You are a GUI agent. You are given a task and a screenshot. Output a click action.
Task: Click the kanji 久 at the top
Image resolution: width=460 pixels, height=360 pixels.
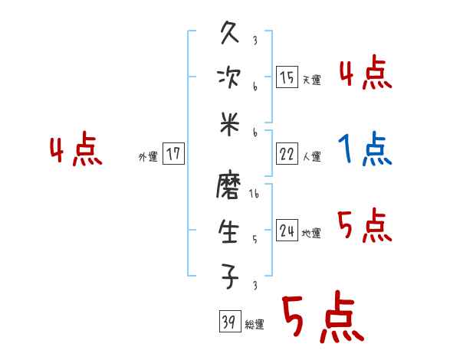[230, 34]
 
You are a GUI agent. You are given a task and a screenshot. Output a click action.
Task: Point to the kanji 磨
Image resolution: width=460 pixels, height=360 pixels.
[230, 187]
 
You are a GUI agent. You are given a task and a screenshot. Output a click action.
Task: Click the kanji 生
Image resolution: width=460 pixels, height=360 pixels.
[230, 230]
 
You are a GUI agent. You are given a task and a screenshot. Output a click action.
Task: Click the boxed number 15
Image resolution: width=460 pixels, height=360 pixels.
[287, 77]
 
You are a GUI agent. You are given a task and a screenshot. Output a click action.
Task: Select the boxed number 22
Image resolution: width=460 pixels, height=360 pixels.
[287, 154]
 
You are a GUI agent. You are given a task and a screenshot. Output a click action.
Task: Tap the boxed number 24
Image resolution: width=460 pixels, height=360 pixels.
[287, 231]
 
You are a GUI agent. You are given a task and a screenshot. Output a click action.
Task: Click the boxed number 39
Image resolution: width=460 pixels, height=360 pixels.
[228, 322]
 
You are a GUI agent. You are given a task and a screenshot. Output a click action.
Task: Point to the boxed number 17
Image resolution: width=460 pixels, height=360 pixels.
[173, 154]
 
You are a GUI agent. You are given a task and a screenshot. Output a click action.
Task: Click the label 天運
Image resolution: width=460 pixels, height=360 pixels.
[311, 80]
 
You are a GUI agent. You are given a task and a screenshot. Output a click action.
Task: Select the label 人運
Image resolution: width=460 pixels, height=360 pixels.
[311, 156]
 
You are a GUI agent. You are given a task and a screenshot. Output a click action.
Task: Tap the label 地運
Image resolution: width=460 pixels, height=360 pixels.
[311, 233]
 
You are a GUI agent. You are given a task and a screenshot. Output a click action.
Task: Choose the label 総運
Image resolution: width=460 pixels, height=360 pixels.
[254, 325]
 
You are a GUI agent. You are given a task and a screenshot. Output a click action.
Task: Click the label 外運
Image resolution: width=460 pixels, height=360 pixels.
[148, 156]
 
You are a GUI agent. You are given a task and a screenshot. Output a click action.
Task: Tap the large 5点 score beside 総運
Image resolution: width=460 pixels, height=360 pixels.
[322, 318]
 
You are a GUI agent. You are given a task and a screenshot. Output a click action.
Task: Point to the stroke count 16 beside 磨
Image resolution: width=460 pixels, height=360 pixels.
[255, 195]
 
